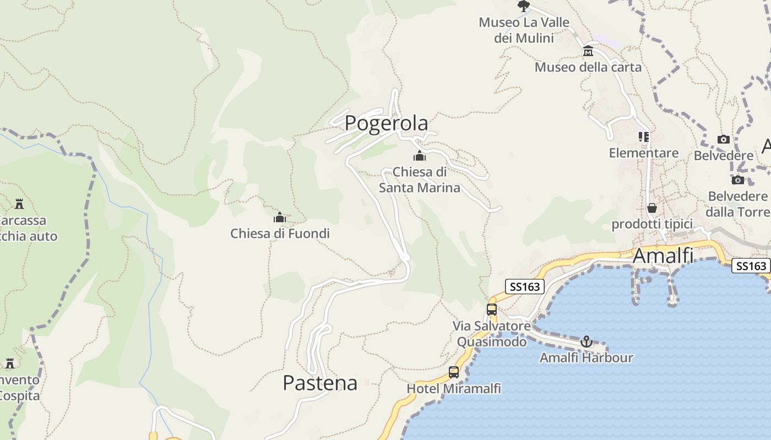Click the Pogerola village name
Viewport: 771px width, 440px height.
(x=386, y=123)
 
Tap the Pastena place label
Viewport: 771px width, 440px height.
(x=320, y=383)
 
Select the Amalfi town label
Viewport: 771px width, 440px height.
(x=663, y=256)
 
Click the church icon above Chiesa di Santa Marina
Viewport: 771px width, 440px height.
(x=420, y=156)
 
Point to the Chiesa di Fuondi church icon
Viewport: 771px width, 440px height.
(x=280, y=218)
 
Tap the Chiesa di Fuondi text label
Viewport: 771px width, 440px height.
(x=280, y=233)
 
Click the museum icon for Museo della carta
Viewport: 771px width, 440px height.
(x=588, y=52)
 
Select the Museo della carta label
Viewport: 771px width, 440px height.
(x=588, y=67)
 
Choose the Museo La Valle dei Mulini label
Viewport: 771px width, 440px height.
(x=524, y=30)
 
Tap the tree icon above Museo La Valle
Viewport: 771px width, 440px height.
(x=524, y=6)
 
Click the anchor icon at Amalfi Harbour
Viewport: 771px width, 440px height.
(x=586, y=342)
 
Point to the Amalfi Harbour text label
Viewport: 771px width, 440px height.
(x=586, y=358)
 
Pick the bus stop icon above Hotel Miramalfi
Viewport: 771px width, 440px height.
(x=454, y=372)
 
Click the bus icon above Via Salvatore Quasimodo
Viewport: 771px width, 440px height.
(x=492, y=310)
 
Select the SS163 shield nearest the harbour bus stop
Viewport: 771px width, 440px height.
(x=525, y=286)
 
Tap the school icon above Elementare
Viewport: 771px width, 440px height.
(x=643, y=136)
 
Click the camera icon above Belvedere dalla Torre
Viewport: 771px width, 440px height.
(x=737, y=180)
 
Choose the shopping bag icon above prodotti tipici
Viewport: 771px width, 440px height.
(x=652, y=208)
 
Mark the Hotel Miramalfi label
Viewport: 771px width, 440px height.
(x=454, y=389)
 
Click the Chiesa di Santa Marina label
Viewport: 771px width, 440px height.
(x=420, y=180)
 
